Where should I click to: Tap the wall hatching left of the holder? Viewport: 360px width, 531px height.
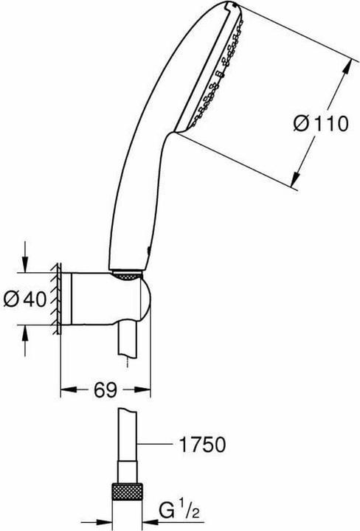tap(55, 299)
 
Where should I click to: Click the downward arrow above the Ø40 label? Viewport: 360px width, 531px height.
tap(27, 265)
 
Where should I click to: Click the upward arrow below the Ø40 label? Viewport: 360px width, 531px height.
tap(27, 333)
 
